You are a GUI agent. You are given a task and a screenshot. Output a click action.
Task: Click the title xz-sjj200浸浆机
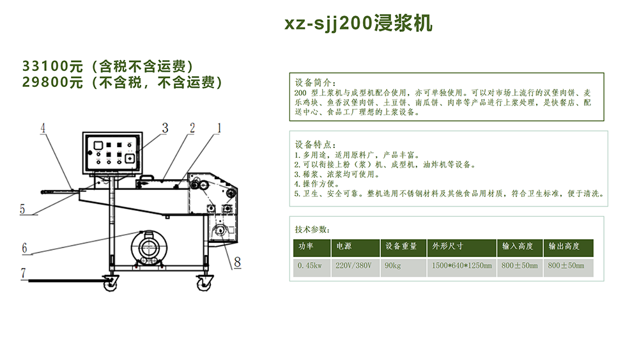(358, 24)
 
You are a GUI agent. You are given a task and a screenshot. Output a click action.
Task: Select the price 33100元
(53, 67)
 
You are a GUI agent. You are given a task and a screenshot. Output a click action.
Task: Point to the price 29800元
(53, 82)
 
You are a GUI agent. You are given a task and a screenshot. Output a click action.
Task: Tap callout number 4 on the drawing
(43, 129)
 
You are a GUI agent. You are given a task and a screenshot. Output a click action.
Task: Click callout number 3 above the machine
(164, 128)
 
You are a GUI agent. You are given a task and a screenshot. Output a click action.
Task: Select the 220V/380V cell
(353, 265)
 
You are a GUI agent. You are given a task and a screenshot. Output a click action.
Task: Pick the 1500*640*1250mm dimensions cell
(461, 265)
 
